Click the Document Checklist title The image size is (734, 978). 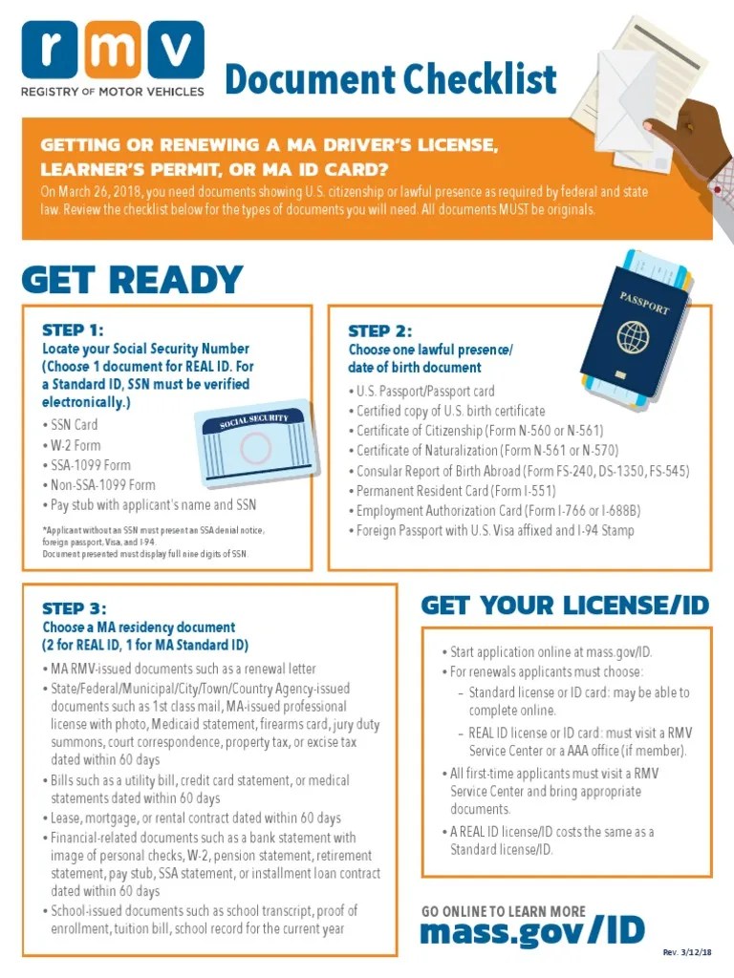tap(390, 80)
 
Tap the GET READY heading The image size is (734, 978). tap(132, 280)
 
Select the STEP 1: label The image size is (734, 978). tap(73, 330)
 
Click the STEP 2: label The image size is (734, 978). tap(380, 330)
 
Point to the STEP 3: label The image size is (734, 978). tap(75, 608)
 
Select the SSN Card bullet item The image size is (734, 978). tap(74, 425)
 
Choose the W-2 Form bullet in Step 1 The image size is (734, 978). tap(76, 445)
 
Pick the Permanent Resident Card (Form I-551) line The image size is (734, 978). tap(442, 491)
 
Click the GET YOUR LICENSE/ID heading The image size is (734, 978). tap(565, 605)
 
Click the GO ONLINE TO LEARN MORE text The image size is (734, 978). tap(504, 911)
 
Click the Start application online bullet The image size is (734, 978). tap(551, 652)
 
